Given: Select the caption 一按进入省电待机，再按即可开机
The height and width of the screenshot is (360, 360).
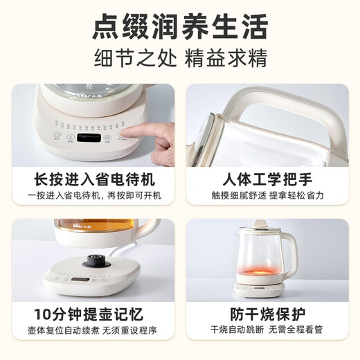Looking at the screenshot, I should pyautogui.click(x=93, y=196).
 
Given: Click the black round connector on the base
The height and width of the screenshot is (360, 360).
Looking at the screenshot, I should pyautogui.click(x=91, y=261).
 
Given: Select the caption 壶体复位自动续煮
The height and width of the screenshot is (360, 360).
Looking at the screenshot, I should pyautogui.click(x=60, y=331).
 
